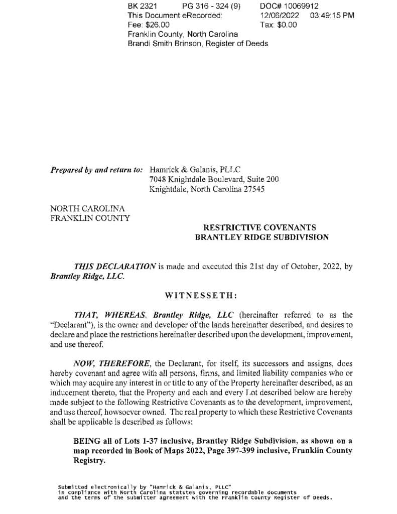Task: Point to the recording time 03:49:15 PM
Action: point(332,16)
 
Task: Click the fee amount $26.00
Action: point(157,25)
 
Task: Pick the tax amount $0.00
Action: point(286,25)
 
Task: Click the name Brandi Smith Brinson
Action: point(163,43)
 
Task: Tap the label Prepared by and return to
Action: point(96,170)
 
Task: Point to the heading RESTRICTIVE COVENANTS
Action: point(259,227)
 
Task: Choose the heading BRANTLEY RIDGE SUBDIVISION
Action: point(262,237)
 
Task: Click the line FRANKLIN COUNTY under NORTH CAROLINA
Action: point(90,218)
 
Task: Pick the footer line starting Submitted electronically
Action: point(145,487)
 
